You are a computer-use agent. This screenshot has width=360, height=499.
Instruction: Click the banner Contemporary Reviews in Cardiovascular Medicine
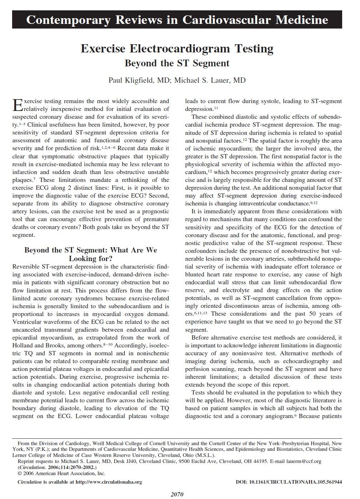(x=177, y=19)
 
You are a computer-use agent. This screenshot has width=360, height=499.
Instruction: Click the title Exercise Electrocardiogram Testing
(x=177, y=48)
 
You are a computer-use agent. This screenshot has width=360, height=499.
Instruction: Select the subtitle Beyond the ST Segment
(x=177, y=63)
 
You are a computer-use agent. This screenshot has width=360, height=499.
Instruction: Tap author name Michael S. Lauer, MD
(x=210, y=80)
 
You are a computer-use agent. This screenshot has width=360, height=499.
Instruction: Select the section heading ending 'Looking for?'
(x=91, y=258)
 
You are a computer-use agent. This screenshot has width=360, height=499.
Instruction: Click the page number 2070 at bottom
(x=177, y=494)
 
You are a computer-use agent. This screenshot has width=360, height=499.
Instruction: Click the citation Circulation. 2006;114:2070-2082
(x=57, y=467)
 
